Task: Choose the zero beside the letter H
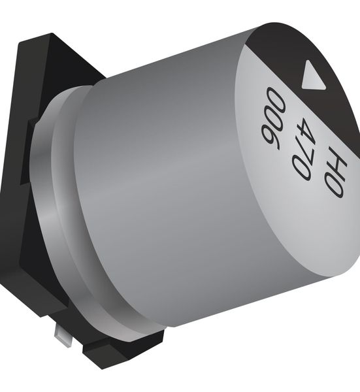335,186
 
